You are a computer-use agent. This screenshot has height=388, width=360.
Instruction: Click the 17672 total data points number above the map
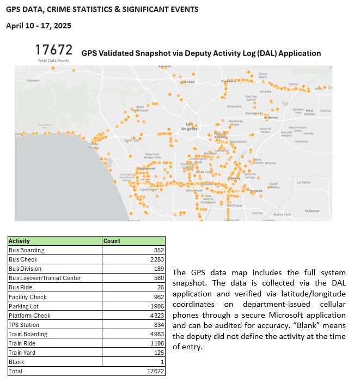click(x=53, y=50)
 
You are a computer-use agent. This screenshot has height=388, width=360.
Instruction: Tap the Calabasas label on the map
click(x=33, y=80)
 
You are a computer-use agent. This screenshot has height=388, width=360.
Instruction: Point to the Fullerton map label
click(x=312, y=210)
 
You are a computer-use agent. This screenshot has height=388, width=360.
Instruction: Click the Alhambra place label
click(x=234, y=107)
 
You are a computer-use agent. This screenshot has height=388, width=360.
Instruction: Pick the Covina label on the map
click(x=325, y=111)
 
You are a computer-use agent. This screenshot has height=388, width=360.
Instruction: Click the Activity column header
click(x=20, y=240)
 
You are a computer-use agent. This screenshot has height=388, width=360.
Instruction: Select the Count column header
click(x=112, y=240)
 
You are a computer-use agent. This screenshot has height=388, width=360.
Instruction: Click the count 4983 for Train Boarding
click(x=156, y=334)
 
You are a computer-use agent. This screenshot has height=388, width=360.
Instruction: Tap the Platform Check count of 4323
click(x=156, y=316)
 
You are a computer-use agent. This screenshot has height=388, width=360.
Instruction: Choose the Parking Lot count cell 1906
click(x=156, y=306)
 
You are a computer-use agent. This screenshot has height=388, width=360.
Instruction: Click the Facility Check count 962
click(x=158, y=297)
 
